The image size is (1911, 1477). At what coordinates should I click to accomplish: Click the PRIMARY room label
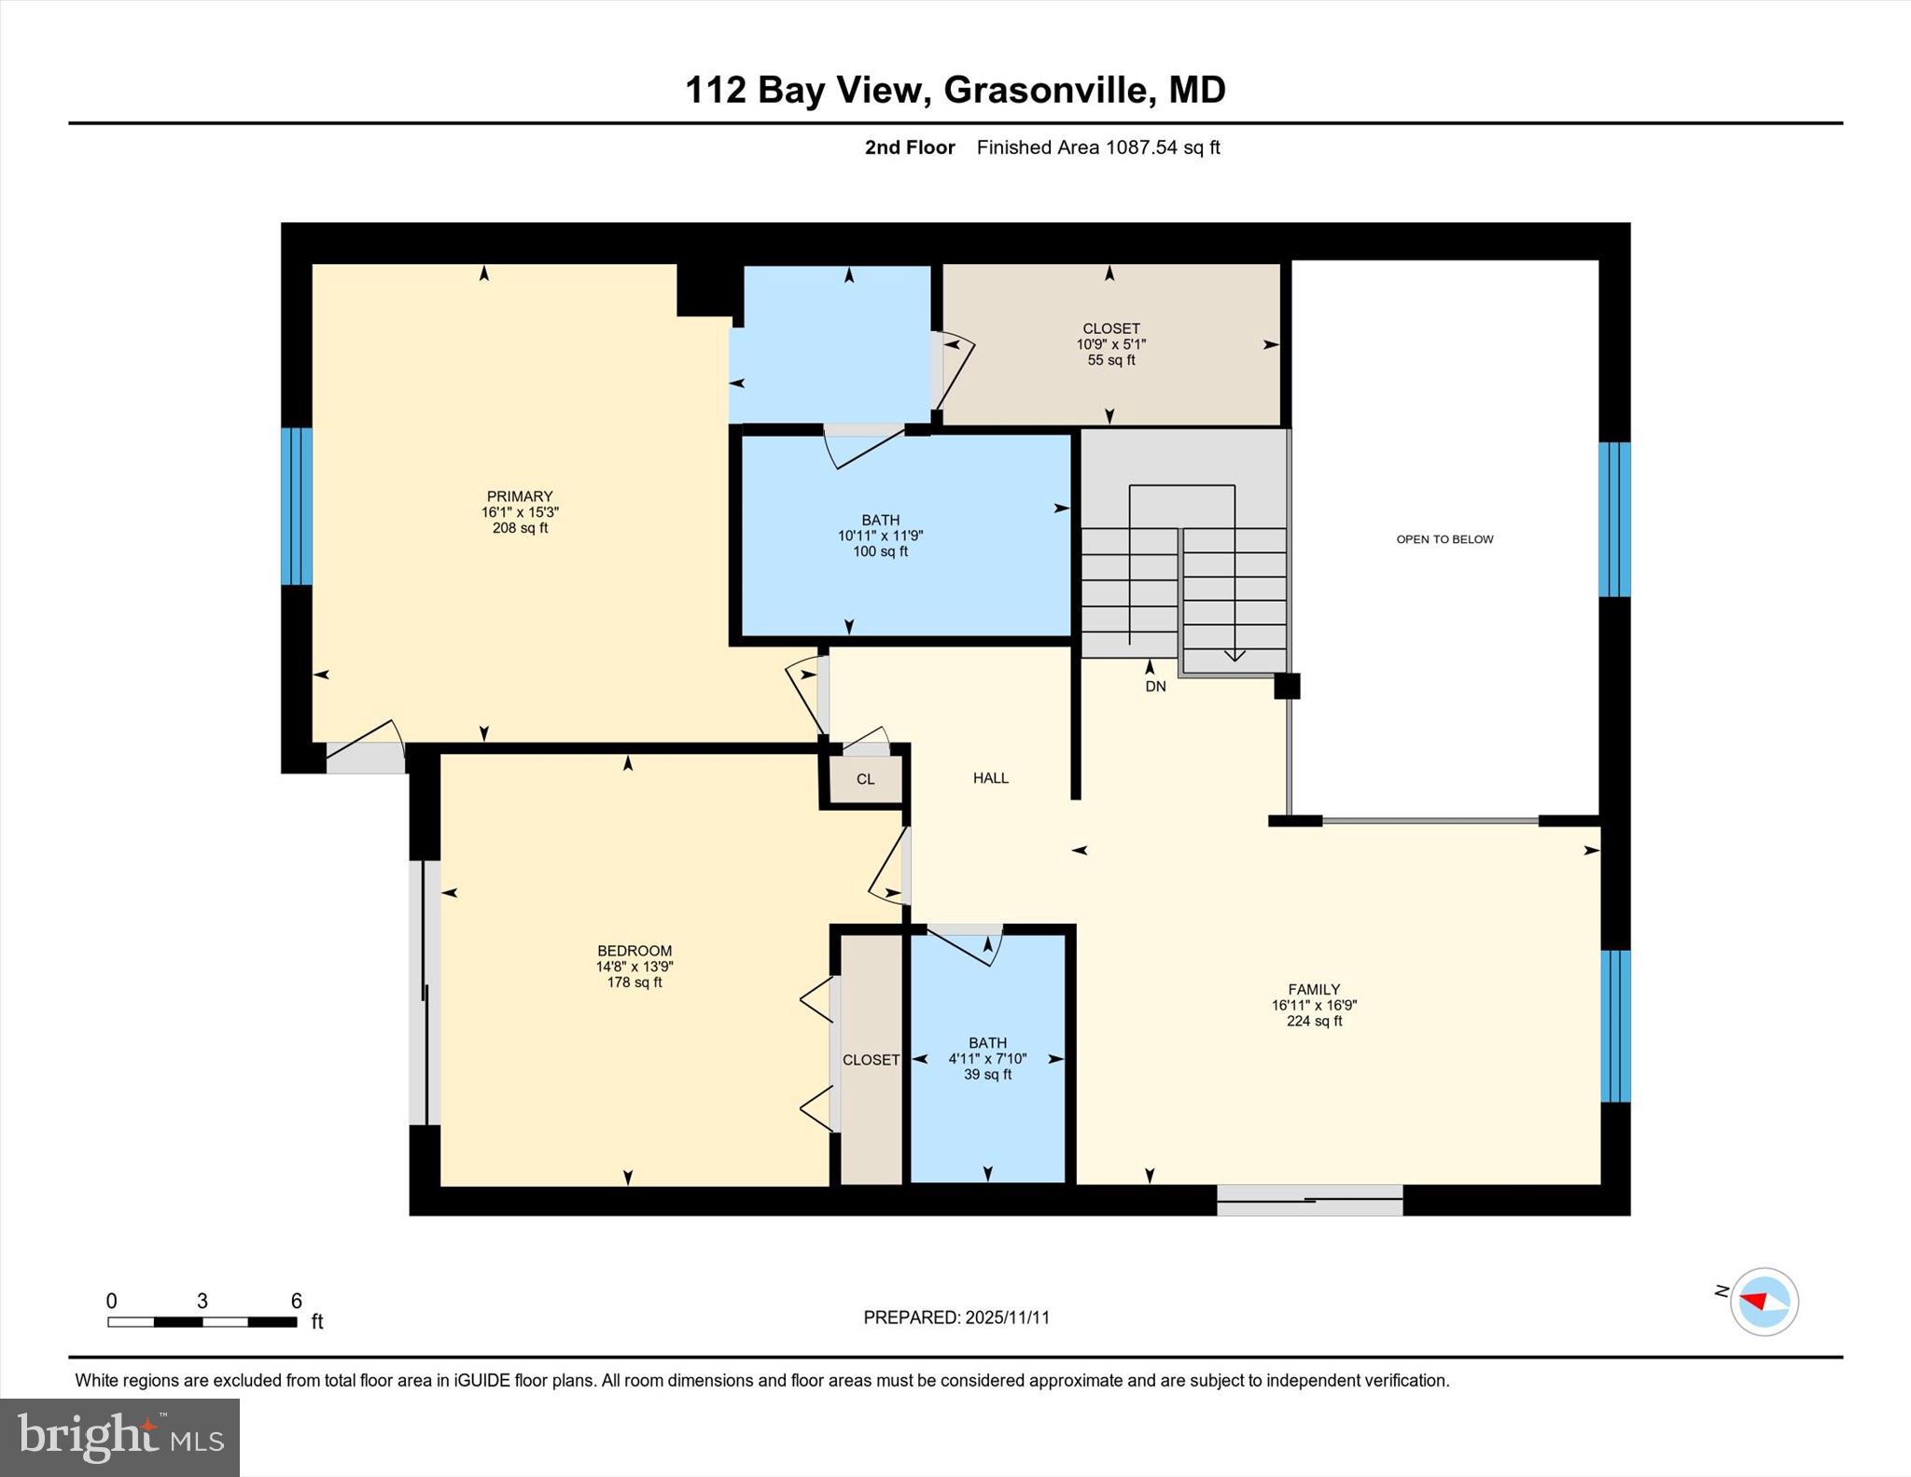[520, 496]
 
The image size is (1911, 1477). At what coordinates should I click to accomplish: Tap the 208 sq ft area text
[520, 528]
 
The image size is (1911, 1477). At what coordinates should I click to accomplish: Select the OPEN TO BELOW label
[1444, 539]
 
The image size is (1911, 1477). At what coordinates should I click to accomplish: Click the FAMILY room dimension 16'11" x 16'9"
[1314, 1006]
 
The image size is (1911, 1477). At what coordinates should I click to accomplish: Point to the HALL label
[991, 778]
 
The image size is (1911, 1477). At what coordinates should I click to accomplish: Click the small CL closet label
[865, 779]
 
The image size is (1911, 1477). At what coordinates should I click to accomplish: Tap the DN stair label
[1155, 687]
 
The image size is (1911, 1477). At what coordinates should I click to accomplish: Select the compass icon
[1764, 1302]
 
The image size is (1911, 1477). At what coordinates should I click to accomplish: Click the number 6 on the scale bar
[297, 1301]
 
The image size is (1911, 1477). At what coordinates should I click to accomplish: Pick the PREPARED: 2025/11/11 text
[956, 1317]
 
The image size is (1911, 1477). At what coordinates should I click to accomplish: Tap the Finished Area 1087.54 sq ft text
[1098, 147]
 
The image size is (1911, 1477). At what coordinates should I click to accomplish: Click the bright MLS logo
[119, 1437]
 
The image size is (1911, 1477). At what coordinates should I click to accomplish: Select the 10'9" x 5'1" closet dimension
[1110, 344]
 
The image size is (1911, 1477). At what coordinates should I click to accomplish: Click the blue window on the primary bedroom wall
[297, 506]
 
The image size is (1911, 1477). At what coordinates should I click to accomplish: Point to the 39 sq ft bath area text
[987, 1075]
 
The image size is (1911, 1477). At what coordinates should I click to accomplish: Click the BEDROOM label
[635, 951]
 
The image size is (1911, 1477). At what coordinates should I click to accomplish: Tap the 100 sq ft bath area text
[880, 551]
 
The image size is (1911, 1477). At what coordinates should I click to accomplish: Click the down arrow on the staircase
[1234, 655]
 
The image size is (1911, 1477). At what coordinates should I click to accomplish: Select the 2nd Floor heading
[910, 147]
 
